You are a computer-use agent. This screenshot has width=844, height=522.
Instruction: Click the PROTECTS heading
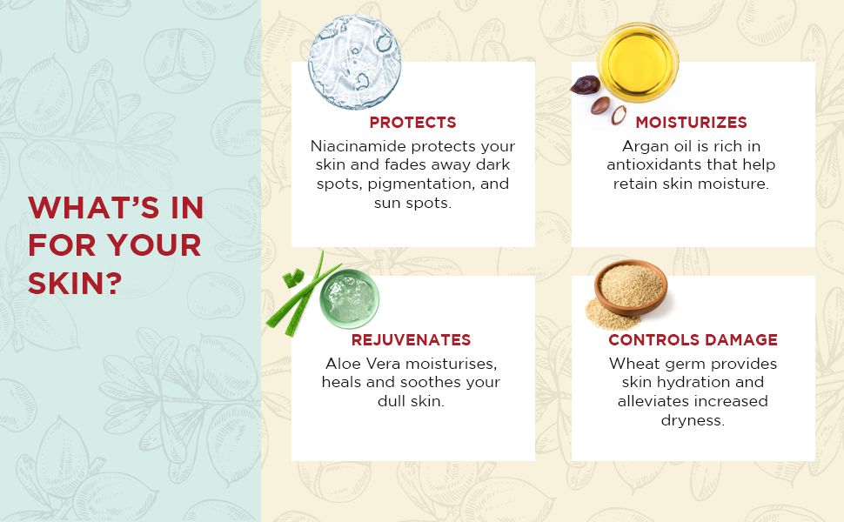coord(412,123)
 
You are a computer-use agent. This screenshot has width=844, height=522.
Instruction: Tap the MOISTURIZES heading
coord(691,123)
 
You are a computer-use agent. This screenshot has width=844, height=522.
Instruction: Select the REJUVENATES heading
coord(411,340)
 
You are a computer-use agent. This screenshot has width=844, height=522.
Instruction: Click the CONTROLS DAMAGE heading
coord(693,340)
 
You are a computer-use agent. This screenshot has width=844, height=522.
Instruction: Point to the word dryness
coord(693,421)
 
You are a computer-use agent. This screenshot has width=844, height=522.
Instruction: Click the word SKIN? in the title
coord(75,283)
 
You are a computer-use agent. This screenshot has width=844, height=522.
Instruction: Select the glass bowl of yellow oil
coord(639,62)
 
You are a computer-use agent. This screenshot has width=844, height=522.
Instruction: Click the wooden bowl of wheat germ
coord(630,289)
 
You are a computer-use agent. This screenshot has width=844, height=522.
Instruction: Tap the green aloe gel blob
coord(350,296)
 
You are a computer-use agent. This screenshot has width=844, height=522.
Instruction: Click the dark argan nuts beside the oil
coord(599,95)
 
